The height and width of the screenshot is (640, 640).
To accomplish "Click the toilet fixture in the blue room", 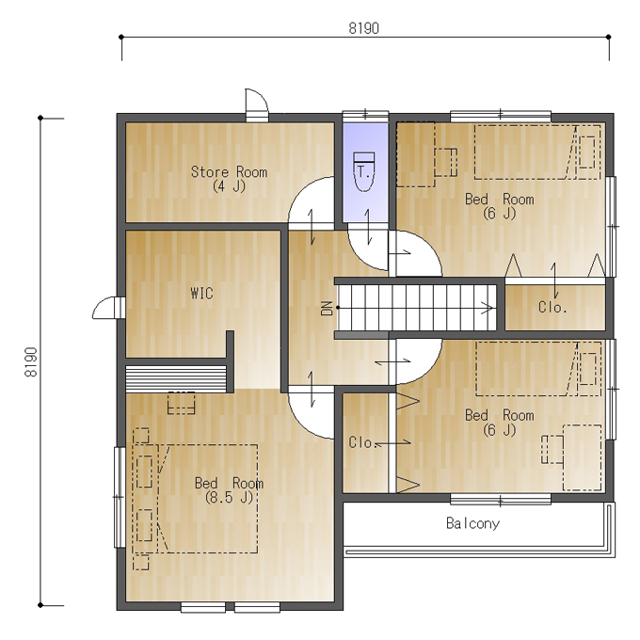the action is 363,172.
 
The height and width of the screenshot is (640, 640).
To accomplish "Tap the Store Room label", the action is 229,172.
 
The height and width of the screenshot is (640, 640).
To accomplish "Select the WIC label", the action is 201,293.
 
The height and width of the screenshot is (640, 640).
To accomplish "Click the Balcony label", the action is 472,523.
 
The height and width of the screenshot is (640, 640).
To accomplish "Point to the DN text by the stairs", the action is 327,308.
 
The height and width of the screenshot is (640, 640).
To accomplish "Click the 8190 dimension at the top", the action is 363,28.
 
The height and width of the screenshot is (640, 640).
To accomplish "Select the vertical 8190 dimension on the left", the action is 31,362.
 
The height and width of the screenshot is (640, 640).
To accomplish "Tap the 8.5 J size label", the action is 229,498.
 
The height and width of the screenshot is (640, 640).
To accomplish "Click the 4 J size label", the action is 229,186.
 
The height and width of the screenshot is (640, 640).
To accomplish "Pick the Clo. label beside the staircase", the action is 552,308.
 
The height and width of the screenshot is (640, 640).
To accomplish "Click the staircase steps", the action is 416,308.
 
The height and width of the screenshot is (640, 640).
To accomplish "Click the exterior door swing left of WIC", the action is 107,308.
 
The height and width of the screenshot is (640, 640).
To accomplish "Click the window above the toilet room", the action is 365,116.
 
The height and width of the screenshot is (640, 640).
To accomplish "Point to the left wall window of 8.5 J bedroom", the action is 120,497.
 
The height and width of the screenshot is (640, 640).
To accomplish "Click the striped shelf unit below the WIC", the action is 176,378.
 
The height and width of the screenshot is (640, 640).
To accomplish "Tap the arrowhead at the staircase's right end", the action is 488,308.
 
